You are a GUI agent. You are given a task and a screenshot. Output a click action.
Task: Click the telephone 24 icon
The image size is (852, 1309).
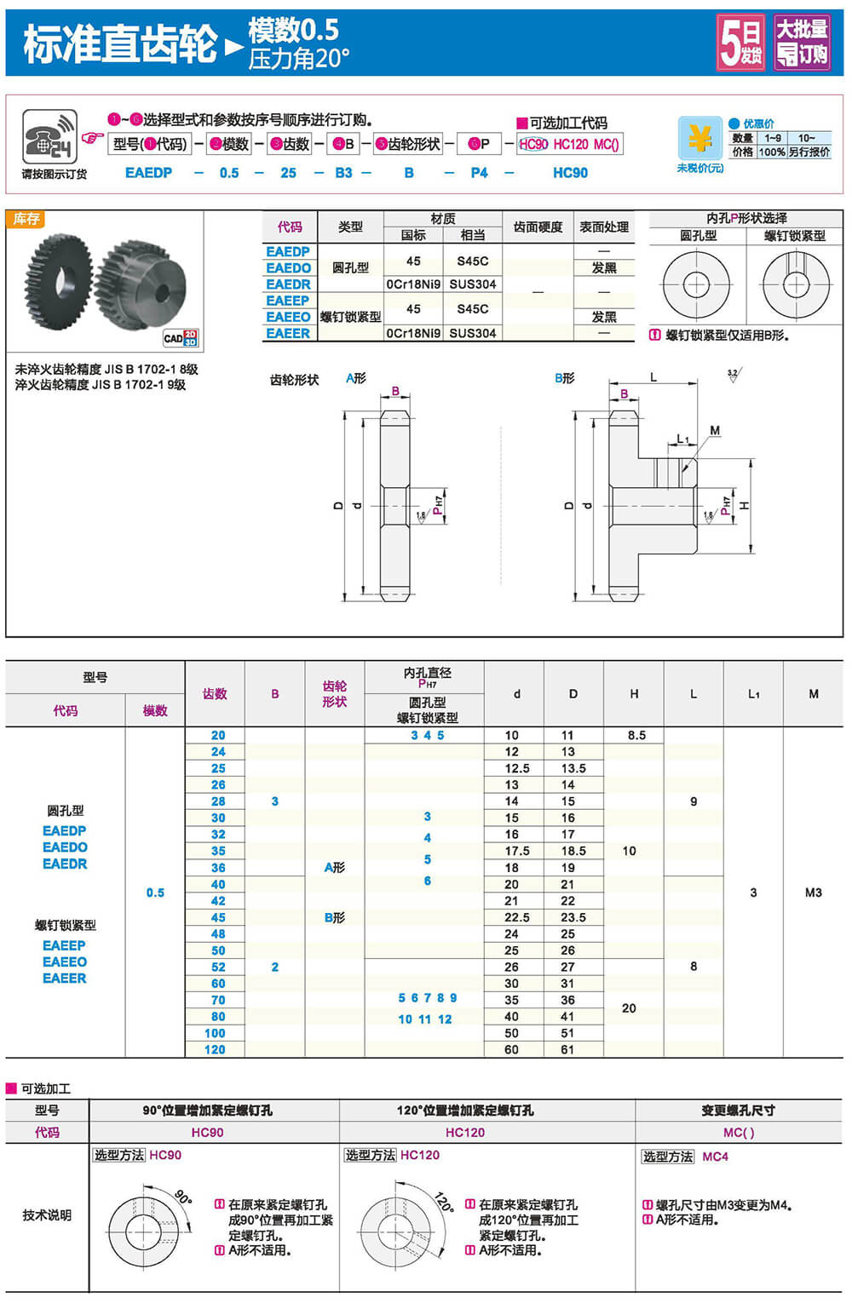click(x=49, y=137)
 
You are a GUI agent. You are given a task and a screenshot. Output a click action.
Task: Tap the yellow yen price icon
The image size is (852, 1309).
click(x=699, y=138)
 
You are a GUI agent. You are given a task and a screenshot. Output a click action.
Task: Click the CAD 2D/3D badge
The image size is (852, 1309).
click(x=181, y=338)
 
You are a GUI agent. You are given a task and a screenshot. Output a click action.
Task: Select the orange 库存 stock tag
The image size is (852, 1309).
click(x=26, y=220)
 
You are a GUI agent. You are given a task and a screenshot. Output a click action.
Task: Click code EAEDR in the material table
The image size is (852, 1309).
click(x=288, y=284)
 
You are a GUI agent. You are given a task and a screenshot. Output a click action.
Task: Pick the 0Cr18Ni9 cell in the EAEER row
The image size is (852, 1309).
click(x=413, y=334)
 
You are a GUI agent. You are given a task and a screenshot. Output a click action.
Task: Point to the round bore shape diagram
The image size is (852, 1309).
click(x=696, y=284)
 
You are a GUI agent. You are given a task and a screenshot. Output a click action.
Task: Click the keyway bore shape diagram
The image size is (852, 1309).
click(x=795, y=284)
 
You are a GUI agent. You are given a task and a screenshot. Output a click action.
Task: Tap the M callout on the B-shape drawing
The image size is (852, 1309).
click(x=715, y=431)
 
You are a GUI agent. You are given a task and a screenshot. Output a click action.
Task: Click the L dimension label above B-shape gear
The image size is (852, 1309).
click(x=653, y=377)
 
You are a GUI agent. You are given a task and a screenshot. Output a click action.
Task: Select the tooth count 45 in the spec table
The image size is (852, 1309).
click(x=218, y=918)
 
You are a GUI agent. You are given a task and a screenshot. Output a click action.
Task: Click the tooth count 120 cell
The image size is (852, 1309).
click(x=215, y=1050)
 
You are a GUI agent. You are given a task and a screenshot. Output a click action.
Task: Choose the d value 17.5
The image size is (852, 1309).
click(x=517, y=852)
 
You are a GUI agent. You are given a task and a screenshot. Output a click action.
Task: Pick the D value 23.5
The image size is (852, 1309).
click(x=573, y=918)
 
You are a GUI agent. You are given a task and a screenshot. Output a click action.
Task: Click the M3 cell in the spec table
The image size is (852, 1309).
click(x=814, y=893)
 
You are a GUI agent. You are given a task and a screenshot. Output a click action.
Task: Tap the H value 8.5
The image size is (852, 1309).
click(x=636, y=736)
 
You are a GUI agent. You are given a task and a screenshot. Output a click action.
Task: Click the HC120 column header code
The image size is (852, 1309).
click(x=465, y=1133)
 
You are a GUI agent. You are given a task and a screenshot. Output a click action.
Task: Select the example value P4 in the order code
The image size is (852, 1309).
click(x=480, y=173)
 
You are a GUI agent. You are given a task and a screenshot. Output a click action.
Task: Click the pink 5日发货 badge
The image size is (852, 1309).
click(x=740, y=43)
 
